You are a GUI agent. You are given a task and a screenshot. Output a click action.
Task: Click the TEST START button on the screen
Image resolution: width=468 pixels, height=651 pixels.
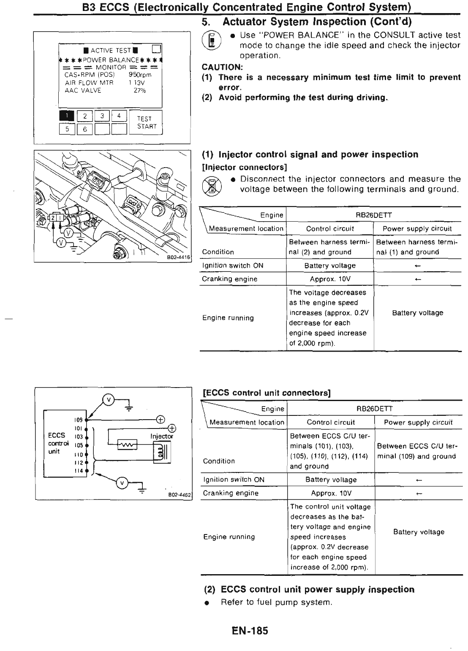coord(146,122)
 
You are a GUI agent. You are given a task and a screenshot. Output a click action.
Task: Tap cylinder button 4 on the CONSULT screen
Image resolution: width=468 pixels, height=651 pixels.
coord(119,115)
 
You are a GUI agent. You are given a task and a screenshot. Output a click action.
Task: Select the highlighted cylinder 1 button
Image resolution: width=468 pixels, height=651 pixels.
coord(67,115)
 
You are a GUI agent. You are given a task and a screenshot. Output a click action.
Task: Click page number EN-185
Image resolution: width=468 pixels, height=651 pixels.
coord(250,631)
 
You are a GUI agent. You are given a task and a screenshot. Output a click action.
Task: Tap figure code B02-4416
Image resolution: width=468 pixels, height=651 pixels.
coord(179,257)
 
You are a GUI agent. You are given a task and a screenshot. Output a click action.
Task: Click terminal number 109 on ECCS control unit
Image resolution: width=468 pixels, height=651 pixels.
coord(79,420)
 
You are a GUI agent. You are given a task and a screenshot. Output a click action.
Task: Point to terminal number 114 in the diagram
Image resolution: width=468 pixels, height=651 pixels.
coord(79,471)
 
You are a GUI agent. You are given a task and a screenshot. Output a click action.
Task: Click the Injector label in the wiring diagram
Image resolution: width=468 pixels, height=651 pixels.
coord(162,436)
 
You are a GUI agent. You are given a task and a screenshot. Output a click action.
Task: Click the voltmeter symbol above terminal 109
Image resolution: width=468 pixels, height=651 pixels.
coord(109,399)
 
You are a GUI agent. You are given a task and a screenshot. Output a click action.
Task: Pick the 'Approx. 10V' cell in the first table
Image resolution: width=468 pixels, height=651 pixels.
coord(330,279)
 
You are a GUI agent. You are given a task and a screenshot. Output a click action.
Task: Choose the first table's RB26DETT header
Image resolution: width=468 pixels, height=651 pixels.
coord(374,215)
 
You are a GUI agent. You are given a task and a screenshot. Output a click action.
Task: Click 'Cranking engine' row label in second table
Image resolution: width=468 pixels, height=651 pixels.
coord(231,493)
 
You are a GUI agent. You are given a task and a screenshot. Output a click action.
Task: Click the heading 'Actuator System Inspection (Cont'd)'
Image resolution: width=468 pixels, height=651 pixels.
coord(317,21)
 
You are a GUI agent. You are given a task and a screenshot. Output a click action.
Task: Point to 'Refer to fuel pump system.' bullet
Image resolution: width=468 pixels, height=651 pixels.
coord(276,602)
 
